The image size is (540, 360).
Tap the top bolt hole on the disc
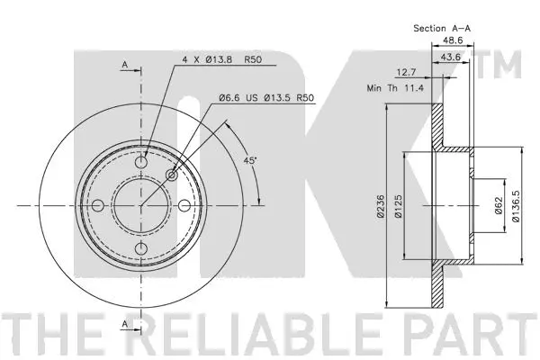click(141, 163)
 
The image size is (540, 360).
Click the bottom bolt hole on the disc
click(141, 249)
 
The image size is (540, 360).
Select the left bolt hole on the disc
click(98, 206)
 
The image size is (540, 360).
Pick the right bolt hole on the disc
click(184, 206)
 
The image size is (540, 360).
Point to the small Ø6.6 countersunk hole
click(173, 175)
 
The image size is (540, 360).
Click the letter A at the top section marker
click(125, 64)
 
